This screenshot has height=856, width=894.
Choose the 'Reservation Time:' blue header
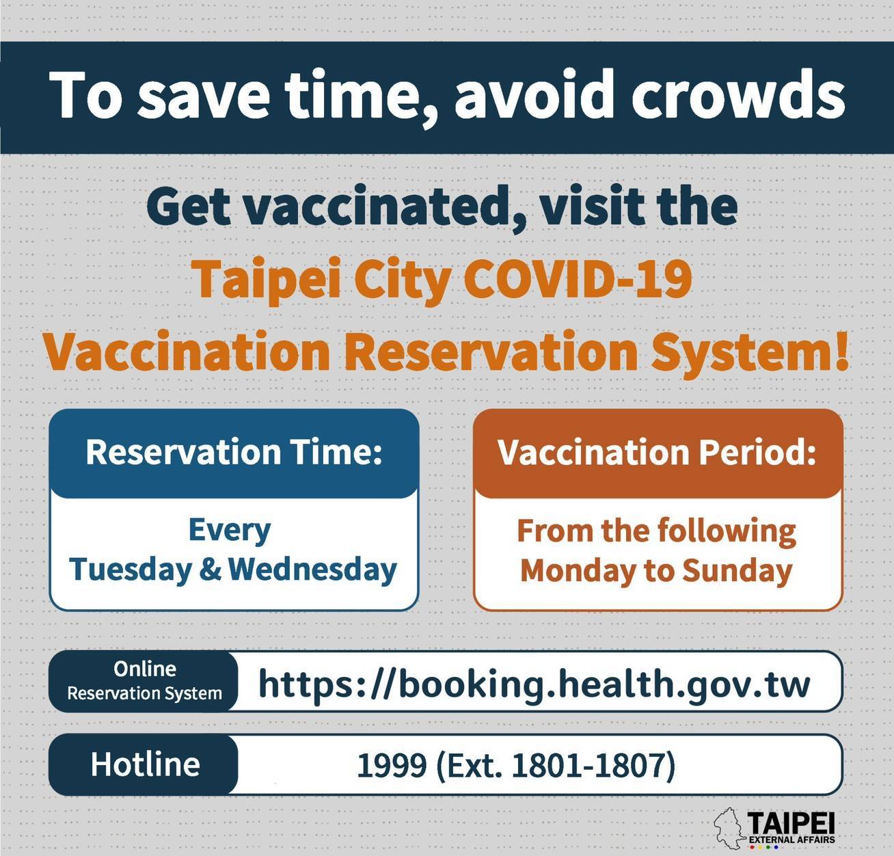(x=234, y=452)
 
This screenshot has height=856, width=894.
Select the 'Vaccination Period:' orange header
(x=658, y=452)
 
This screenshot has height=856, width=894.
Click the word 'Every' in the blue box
(x=230, y=531)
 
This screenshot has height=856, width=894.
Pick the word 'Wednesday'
(x=312, y=570)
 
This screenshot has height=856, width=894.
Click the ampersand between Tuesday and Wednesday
(x=211, y=570)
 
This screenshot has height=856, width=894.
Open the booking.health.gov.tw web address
(x=534, y=684)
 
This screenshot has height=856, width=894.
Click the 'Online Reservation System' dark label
(x=144, y=681)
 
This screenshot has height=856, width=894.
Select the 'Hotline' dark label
(x=145, y=764)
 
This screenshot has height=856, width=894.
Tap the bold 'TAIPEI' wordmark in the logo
(x=791, y=824)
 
